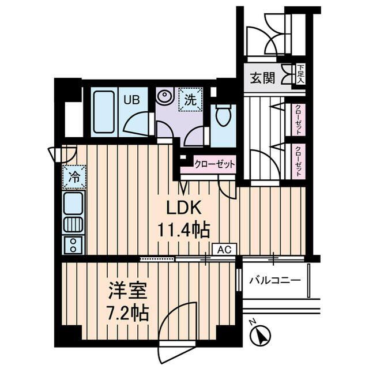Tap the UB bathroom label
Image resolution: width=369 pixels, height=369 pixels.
tap(133, 99)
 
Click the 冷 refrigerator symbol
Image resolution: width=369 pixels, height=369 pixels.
tap(74, 176)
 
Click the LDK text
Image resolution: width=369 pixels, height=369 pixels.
tap(184, 208)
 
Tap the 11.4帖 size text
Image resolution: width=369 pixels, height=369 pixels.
tap(184, 230)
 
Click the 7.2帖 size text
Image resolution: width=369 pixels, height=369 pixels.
tap(128, 313)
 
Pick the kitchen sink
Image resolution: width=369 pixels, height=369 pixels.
tap(73, 202)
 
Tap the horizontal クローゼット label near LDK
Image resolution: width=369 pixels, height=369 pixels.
tap(215, 164)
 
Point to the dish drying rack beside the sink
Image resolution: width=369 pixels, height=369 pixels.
tap(73, 224)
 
